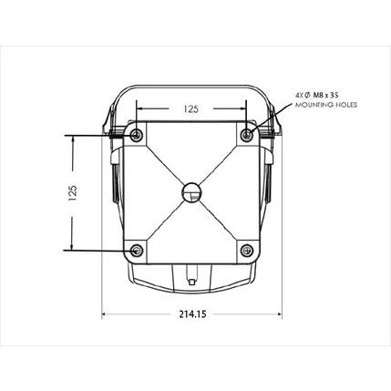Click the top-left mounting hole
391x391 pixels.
[x=137, y=135]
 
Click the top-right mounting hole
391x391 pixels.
[x=247, y=134]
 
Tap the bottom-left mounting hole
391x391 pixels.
[x=137, y=251]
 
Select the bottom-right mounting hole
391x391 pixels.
[x=247, y=251]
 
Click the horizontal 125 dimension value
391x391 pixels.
[x=190, y=109]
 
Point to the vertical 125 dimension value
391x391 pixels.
[x=73, y=193]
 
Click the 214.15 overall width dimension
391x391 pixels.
[x=192, y=314]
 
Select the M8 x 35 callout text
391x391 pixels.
[x=325, y=96]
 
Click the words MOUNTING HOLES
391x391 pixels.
[x=326, y=105]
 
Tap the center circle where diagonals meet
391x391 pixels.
[x=191, y=192]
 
